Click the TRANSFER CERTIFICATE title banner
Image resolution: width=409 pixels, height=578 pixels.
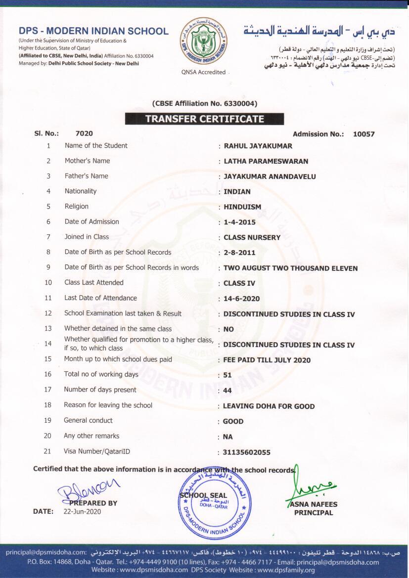204,119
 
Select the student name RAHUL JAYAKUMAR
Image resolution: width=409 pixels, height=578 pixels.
258,146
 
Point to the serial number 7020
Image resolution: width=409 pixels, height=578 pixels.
84,133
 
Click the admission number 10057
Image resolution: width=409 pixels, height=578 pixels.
364,134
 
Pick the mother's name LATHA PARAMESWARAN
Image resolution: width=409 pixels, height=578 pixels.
266,161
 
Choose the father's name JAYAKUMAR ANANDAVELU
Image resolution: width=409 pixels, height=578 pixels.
270,177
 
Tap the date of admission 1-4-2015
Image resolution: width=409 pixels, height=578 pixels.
239,222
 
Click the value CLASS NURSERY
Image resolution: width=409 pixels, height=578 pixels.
252,237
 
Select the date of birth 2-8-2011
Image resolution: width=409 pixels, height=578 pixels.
239,253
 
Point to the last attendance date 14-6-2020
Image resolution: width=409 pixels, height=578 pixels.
241,299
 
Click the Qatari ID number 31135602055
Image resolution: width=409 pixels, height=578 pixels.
247,452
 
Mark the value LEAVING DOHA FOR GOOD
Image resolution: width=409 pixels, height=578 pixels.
269,406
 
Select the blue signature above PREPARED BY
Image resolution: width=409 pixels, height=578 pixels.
88,487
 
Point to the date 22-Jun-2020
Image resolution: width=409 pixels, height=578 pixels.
82,512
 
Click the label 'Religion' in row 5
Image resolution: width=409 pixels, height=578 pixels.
76,206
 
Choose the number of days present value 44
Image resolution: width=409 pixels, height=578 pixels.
228,391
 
